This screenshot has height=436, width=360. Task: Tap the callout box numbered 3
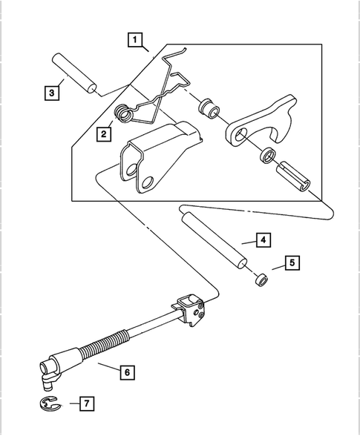[x=50, y=93]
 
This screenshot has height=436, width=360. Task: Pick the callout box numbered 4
[x=264, y=240]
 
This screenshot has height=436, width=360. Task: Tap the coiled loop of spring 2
[x=125, y=113]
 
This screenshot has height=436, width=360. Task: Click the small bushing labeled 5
[x=258, y=281]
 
